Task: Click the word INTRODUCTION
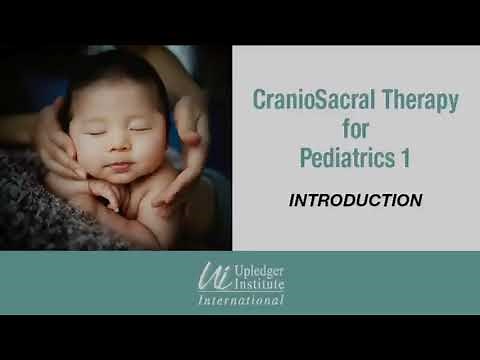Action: pos(355,200)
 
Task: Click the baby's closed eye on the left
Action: pos(96,129)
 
